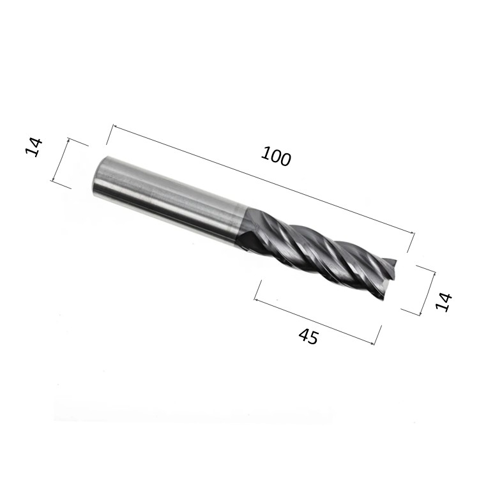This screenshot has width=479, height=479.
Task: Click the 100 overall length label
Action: [x=276, y=156]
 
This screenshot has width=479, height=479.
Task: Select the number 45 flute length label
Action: [x=308, y=337]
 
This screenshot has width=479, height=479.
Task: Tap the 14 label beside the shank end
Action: [x=34, y=148]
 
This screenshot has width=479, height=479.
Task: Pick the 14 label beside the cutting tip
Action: [x=444, y=302]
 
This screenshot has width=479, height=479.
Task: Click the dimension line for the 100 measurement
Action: [x=264, y=179]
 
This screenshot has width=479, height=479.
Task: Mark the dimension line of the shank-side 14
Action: [x=61, y=160]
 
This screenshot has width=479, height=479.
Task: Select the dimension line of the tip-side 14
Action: [x=428, y=293]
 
